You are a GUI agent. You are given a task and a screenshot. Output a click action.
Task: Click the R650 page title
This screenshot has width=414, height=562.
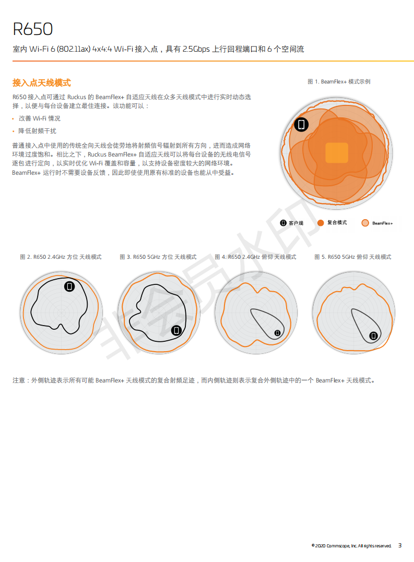(32, 29)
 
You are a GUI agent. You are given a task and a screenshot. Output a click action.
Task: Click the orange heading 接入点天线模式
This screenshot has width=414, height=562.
(42, 83)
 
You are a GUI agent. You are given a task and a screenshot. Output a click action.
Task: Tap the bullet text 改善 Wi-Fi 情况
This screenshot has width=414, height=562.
(40, 118)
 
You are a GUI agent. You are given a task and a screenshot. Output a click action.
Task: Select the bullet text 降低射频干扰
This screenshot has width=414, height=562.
(37, 131)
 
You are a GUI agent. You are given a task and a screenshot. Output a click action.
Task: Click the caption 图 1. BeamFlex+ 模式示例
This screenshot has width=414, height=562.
(339, 82)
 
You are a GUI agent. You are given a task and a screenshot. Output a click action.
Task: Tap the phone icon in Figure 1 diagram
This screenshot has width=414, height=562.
(301, 124)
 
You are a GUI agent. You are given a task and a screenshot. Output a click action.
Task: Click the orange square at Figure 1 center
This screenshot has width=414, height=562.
(337, 153)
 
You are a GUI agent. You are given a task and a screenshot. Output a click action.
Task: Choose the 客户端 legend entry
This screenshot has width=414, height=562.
(291, 223)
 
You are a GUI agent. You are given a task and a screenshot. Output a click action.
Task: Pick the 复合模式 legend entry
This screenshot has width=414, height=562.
(332, 223)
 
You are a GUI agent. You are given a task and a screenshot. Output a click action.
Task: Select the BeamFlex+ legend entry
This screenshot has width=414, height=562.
(377, 223)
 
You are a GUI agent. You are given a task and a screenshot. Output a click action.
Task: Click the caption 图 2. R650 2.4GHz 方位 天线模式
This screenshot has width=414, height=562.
(61, 257)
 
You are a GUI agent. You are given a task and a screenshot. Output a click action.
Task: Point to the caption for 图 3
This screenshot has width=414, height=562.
(158, 257)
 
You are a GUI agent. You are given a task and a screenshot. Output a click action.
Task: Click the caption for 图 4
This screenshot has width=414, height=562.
(256, 257)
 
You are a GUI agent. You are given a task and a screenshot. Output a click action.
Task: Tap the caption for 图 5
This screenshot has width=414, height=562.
(353, 257)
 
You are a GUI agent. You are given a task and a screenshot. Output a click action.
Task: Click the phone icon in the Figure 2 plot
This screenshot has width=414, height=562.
(69, 286)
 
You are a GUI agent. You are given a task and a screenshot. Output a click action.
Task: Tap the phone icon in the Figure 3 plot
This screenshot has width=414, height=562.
(176, 330)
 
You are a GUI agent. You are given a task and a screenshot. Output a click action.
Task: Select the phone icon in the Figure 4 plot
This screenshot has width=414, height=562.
(277, 333)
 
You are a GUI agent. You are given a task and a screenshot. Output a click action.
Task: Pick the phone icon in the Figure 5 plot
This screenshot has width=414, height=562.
(373, 336)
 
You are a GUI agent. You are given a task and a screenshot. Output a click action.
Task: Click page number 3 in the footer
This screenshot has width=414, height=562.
(400, 545)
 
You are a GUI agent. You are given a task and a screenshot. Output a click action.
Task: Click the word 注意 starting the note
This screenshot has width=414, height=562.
(19, 380)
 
